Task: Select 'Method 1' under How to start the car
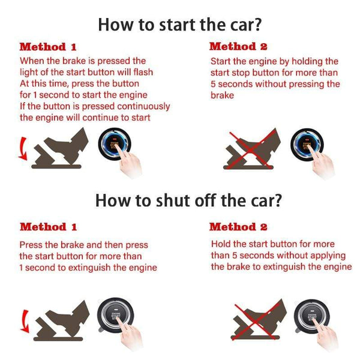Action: point(48,47)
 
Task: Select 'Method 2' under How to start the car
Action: point(238,47)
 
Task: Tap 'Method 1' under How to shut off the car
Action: point(48,227)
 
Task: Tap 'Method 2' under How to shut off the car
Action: point(238,227)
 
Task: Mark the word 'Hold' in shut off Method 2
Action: point(221,244)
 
